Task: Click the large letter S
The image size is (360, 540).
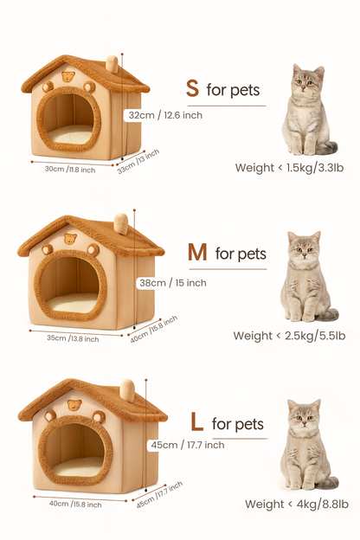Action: click(192, 88)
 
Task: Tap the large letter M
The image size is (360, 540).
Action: click(197, 253)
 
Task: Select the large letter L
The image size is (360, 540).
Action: click(196, 422)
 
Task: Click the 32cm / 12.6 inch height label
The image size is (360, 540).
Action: click(164, 115)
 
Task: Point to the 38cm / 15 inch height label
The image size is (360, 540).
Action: click(173, 282)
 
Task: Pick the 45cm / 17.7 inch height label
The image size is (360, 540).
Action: click(188, 445)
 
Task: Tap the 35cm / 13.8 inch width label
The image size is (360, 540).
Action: click(73, 337)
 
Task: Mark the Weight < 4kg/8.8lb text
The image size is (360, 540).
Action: click(297, 504)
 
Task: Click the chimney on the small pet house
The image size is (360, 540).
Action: click(111, 64)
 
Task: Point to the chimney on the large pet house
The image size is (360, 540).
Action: click(127, 389)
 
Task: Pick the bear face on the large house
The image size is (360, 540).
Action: click(74, 405)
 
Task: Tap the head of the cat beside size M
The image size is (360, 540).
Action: click(304, 247)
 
